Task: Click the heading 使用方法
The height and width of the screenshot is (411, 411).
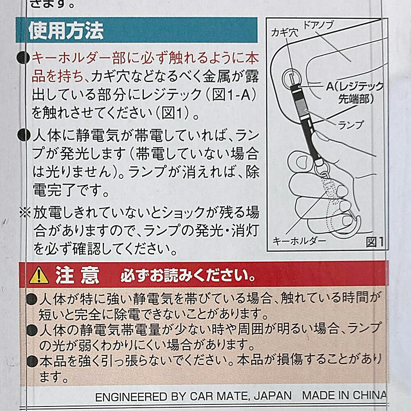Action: pos(66,31)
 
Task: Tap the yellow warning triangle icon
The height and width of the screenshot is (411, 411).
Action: pos(39,275)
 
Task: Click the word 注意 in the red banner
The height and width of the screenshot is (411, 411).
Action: pos(77,275)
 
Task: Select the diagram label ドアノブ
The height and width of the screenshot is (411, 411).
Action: pos(318,25)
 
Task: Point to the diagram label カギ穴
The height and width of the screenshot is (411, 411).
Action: pos(284,33)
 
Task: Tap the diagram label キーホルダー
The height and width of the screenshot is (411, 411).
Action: pos(299,240)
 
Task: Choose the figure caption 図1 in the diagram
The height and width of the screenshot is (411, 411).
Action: pos(375,242)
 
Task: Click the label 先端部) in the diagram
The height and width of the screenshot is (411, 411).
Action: pos(356,99)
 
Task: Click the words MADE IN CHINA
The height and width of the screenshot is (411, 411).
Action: pos(344,395)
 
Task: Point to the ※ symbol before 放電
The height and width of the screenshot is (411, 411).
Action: pos(25,212)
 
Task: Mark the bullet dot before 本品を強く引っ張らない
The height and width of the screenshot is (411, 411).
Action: pos(32,361)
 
